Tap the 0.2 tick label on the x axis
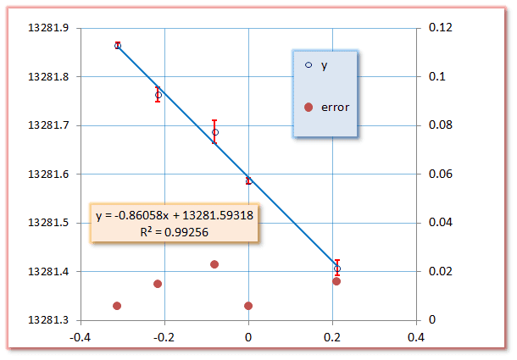(x=332, y=337)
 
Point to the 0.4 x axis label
(x=415, y=337)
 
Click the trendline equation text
(x=175, y=215)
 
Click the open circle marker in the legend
(x=309, y=65)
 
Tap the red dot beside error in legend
(x=309, y=108)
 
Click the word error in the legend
(x=336, y=108)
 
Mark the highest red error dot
(x=214, y=264)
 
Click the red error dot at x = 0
(x=248, y=306)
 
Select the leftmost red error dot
(x=117, y=306)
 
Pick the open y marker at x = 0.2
(x=337, y=269)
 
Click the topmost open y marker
(x=118, y=46)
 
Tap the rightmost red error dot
(x=336, y=281)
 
